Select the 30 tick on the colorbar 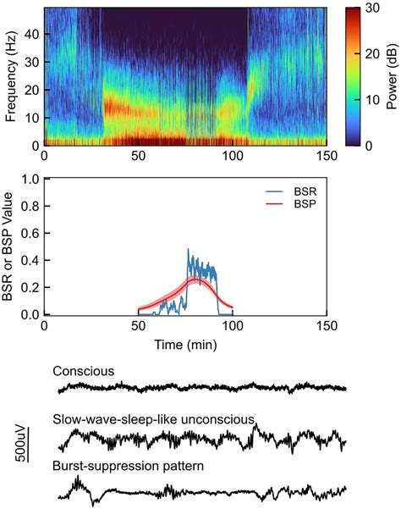tap(369, 8)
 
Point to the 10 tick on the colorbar tap(369, 99)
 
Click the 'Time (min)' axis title tap(185, 346)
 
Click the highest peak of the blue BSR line tap(188, 250)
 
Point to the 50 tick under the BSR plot tap(138, 327)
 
